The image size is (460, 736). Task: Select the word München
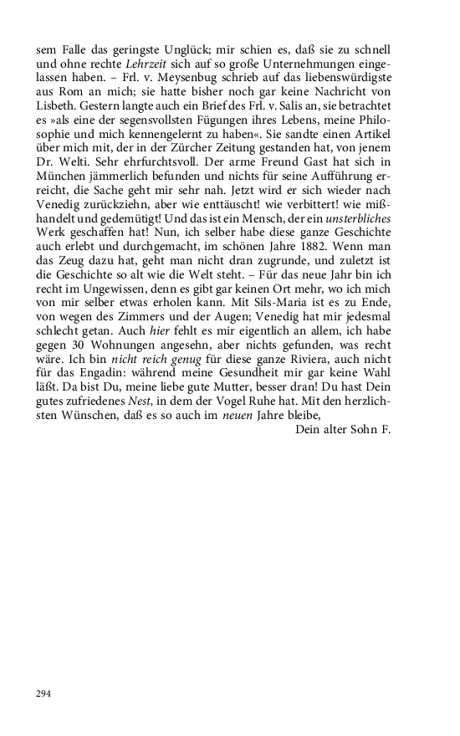click(63, 210)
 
